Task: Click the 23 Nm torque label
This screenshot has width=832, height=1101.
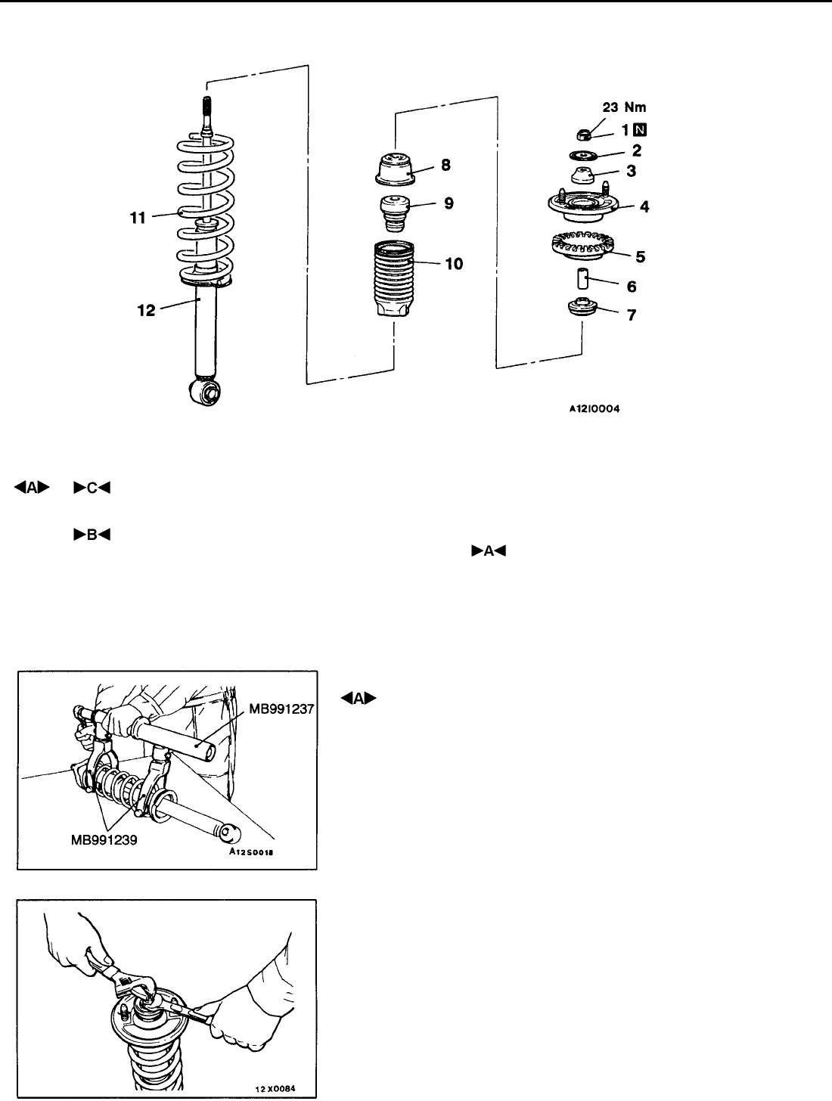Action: coord(624,107)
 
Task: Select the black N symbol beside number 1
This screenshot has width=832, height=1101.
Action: coord(640,130)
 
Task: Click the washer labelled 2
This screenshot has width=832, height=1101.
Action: coord(583,156)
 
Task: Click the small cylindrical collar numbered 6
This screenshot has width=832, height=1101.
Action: coord(582,279)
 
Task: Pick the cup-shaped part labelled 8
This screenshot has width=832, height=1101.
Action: coord(395,168)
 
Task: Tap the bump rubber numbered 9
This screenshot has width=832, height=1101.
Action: coord(395,214)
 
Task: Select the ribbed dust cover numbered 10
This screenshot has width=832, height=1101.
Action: coord(394,279)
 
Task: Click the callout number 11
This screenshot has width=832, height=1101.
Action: coord(138,218)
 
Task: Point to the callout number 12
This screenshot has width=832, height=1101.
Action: coord(147,311)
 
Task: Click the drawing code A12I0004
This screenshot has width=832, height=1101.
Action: coord(595,409)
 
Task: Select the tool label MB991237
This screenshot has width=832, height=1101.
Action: coord(281,709)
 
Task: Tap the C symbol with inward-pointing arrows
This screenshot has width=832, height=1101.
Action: coord(92,488)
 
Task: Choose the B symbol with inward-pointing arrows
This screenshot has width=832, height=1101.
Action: coord(92,535)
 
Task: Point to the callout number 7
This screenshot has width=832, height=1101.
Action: coord(632,315)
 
